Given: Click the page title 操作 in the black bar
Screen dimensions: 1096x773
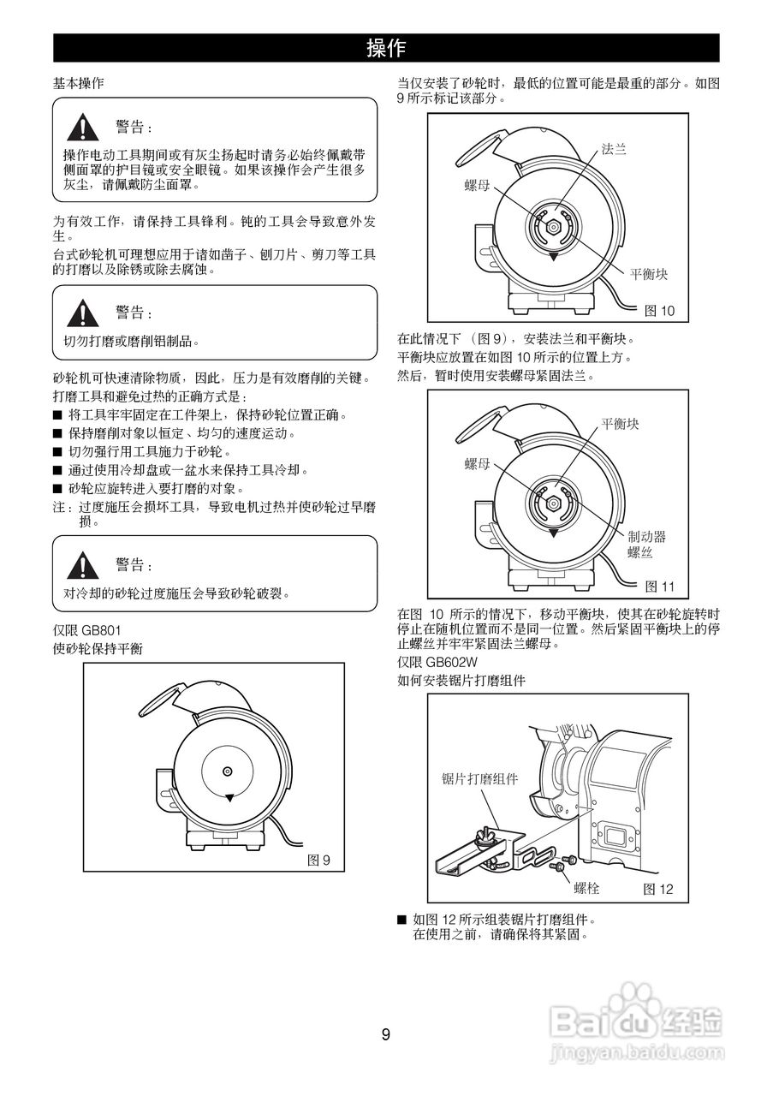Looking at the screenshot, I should click(386, 48).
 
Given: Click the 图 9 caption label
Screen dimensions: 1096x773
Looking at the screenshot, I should click(318, 860).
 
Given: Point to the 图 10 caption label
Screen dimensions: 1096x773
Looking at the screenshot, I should click(659, 311).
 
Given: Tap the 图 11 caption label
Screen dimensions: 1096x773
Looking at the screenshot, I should click(659, 587).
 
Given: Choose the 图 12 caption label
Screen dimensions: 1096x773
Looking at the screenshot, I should click(658, 890).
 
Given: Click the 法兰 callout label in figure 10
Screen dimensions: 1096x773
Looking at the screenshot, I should click(614, 149).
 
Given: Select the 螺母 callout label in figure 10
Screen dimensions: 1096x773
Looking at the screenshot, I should click(477, 185).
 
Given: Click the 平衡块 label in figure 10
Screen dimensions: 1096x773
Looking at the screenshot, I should click(648, 274).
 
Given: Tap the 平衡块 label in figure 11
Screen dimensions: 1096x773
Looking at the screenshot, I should click(620, 424).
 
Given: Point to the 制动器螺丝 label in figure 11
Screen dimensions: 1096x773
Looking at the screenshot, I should click(646, 545).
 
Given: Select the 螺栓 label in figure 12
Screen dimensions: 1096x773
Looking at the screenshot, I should click(586, 889).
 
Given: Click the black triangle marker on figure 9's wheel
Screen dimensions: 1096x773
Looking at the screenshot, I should click(229, 797).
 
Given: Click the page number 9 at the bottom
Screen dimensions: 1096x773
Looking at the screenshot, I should click(385, 1034).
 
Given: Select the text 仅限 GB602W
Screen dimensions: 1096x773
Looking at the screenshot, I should click(437, 662).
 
